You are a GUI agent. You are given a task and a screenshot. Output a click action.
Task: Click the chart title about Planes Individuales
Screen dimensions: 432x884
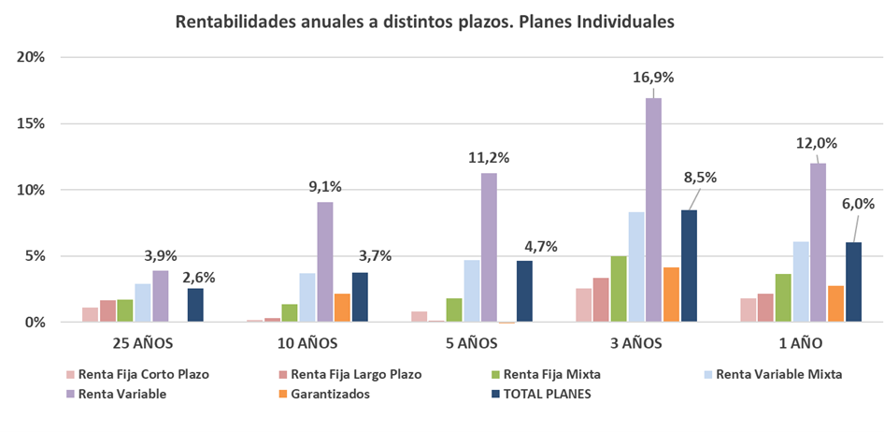click(424, 22)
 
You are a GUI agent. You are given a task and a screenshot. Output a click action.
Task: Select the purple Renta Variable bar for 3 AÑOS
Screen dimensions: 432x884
click(653, 210)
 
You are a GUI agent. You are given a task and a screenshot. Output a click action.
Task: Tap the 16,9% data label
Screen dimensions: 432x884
click(653, 78)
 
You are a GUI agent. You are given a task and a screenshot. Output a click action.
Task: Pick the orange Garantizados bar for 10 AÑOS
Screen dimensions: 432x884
click(342, 308)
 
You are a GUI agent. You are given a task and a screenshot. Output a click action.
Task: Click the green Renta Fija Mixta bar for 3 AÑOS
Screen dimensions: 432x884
click(618, 289)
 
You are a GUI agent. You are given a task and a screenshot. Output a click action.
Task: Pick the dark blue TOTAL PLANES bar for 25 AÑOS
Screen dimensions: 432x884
click(194, 305)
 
